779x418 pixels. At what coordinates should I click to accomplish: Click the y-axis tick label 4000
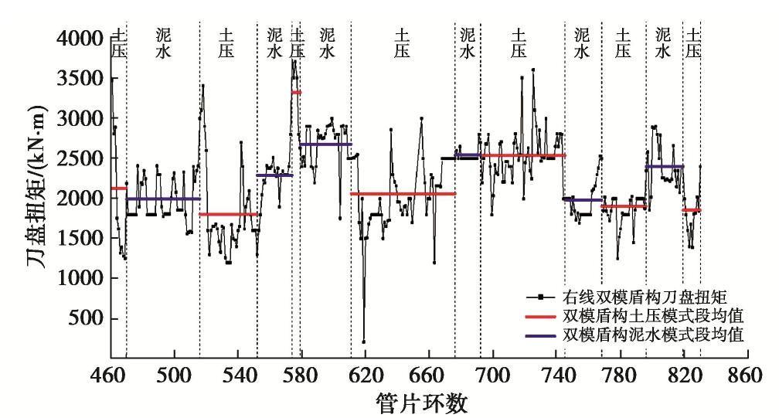click(x=80, y=38)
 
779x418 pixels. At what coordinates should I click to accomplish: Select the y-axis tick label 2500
click(x=80, y=158)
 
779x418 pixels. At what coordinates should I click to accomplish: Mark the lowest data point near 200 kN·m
click(x=364, y=342)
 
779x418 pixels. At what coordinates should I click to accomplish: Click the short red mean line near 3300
click(x=296, y=93)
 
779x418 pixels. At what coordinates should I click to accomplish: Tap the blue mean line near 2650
click(x=325, y=144)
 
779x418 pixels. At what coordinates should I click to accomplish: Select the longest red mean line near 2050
click(x=403, y=193)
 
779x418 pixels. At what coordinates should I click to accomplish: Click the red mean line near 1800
click(x=228, y=214)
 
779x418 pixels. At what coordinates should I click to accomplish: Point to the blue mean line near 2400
click(x=665, y=166)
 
